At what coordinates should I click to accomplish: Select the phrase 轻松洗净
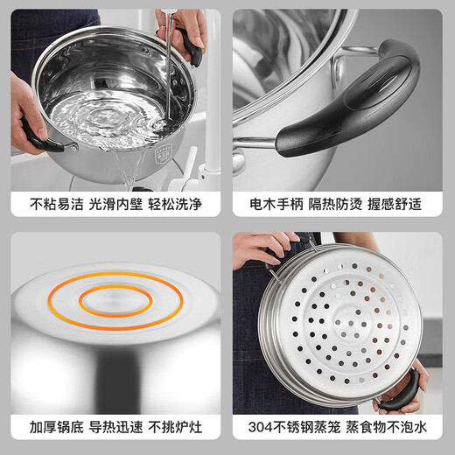click(177, 205)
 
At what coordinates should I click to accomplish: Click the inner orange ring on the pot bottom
click(115, 301)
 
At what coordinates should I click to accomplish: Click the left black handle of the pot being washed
click(38, 136)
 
